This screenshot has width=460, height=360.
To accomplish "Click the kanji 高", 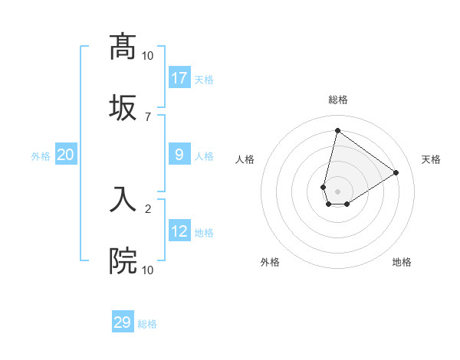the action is click(123, 47).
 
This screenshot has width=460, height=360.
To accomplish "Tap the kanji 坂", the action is click(123, 106).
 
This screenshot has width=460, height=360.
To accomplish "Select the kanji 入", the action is click(123, 200).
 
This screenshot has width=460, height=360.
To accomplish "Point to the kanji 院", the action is click(123, 260).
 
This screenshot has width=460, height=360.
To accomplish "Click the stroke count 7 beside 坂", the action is click(148, 116).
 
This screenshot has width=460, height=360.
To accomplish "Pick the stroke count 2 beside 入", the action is click(148, 208).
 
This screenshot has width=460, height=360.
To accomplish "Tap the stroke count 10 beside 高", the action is click(148, 56).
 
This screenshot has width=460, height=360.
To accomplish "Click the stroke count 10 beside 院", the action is click(148, 270).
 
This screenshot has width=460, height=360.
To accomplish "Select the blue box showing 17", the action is click(179, 78).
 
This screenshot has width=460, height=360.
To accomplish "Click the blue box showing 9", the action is click(179, 155).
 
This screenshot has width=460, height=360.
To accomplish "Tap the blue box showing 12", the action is click(179, 231).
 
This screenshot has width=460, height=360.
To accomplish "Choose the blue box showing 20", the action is click(66, 155).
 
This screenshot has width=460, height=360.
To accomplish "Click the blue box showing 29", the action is click(123, 322).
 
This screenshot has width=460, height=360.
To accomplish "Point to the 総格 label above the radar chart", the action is click(337, 100).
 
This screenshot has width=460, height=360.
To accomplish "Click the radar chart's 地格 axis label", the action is click(402, 262).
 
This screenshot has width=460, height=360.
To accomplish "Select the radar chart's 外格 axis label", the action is click(270, 262).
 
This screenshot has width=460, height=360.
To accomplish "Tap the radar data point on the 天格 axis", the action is click(396, 172).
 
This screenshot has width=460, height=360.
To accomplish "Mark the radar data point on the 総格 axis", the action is click(337, 130).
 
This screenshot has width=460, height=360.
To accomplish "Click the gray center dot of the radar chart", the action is click(337, 181).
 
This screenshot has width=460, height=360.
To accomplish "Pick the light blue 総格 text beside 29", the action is click(147, 324).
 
